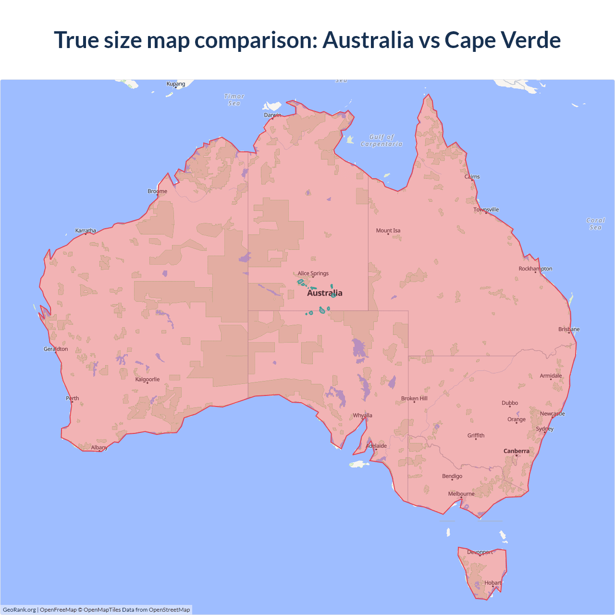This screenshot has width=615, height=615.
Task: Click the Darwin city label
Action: tap(272, 115)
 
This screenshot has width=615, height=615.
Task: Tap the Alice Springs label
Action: tap(313, 273)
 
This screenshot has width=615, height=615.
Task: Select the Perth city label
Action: tap(72, 398)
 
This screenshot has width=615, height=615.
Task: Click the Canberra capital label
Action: tap(516, 451)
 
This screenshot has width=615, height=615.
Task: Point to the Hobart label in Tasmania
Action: tap(492, 583)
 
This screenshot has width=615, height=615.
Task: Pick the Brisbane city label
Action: tap(569, 329)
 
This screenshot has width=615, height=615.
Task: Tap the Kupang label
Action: tap(176, 84)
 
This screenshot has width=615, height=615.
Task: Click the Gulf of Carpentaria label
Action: tap(381, 140)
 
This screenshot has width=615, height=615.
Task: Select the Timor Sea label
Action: tap(234, 100)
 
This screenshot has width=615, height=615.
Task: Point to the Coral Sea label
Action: tap(595, 224)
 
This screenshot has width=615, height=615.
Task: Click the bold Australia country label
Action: tap(325, 293)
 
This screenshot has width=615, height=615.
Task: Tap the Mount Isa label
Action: tap(388, 231)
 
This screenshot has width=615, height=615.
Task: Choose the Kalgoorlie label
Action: tap(147, 380)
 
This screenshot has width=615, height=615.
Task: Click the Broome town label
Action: tap(157, 191)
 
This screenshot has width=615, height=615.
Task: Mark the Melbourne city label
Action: tap(461, 494)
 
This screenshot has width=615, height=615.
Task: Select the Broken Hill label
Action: tap(414, 399)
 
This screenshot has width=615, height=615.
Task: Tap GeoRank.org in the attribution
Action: tap(19, 610)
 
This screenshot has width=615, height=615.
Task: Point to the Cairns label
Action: tap(472, 177)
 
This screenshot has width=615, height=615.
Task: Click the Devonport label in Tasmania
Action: tap(480, 553)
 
